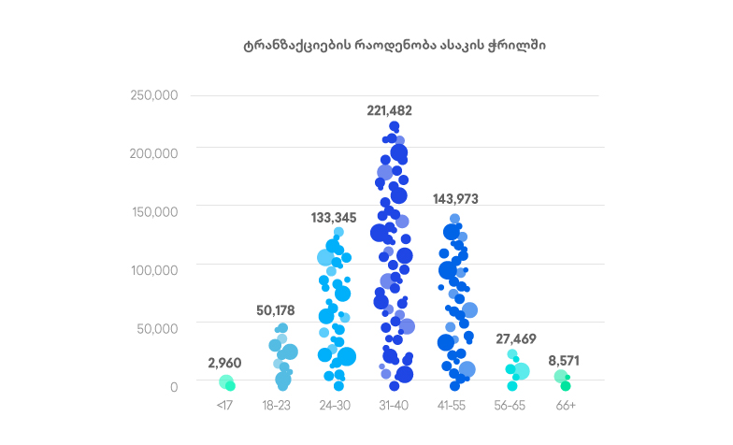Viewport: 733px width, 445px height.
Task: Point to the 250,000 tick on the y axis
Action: tap(154, 95)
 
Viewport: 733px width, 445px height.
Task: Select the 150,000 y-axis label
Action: tap(154, 211)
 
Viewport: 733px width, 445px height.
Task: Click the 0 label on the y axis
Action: tap(173, 385)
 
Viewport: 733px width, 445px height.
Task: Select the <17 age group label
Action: tap(224, 406)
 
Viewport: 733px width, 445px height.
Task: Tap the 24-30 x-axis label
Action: tap(335, 406)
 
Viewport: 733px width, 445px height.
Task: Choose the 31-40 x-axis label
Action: tap(392, 406)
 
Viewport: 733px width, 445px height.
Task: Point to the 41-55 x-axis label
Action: tap(453, 406)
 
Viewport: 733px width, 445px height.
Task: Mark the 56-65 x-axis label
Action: tap(510, 406)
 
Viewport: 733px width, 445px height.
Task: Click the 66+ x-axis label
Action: tap(566, 406)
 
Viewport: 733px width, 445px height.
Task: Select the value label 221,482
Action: tap(390, 110)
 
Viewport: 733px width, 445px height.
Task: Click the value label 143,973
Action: tap(455, 198)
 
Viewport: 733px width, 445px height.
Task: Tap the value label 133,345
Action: tap(334, 218)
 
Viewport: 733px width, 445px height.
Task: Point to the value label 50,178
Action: tap(279, 310)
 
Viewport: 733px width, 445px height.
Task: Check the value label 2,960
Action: tap(225, 362)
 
